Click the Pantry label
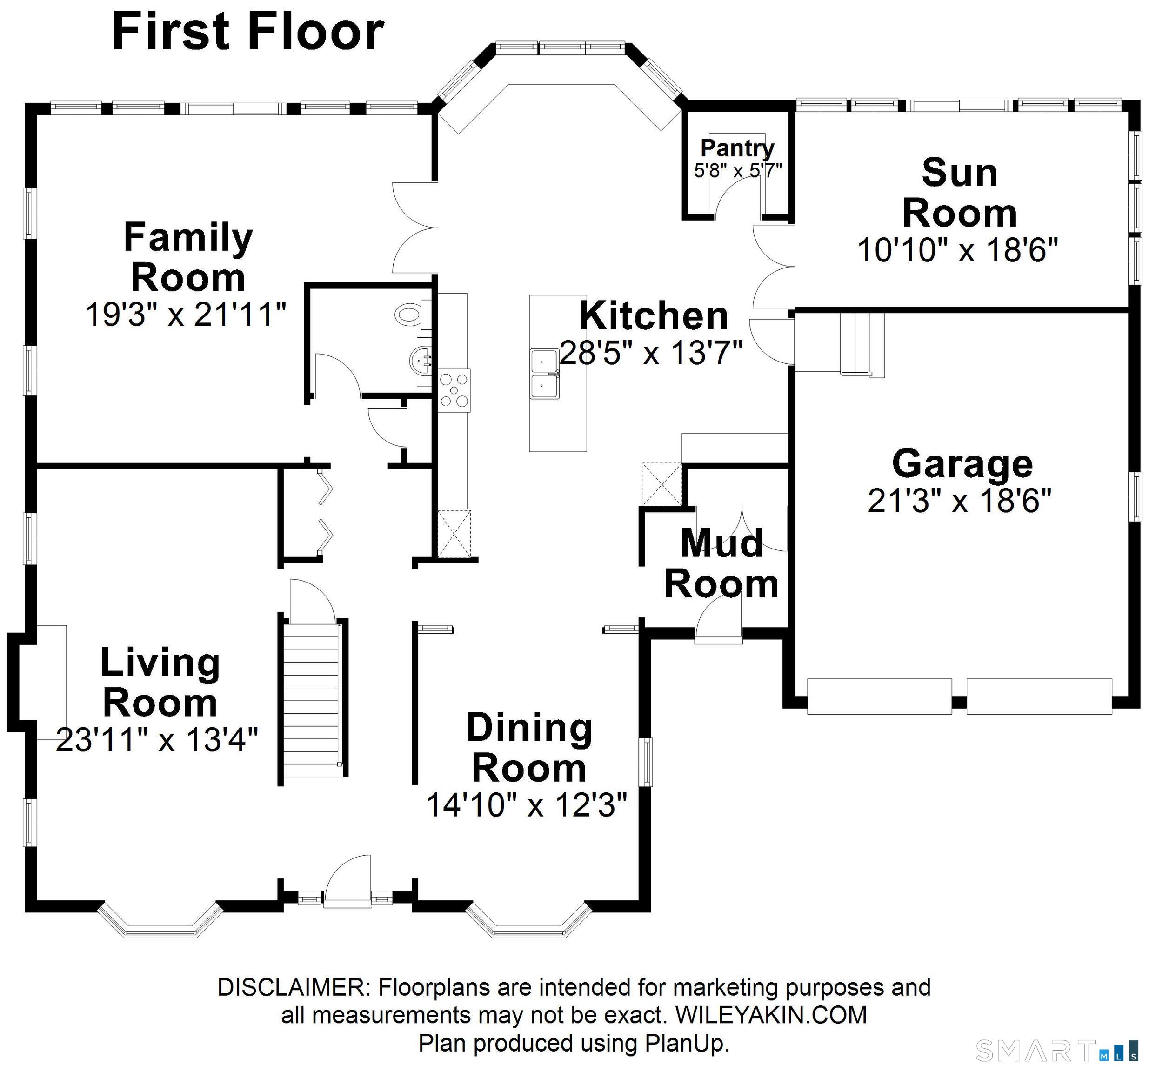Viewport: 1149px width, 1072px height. (x=737, y=148)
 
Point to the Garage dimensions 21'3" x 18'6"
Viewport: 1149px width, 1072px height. (x=959, y=500)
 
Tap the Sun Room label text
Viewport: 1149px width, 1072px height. (x=959, y=193)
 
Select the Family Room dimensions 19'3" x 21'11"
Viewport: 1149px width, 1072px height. (x=186, y=315)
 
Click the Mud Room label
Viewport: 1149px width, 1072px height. (x=721, y=564)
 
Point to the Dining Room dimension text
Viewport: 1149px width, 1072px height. (x=527, y=804)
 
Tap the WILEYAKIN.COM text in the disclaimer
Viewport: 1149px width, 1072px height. (x=771, y=1015)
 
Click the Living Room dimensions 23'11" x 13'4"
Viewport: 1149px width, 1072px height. (x=157, y=739)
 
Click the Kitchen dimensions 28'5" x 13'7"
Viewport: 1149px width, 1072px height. (x=651, y=352)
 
